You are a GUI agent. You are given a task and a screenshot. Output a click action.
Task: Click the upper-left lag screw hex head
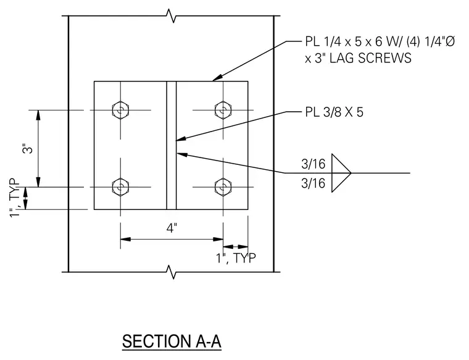click(x=120, y=110)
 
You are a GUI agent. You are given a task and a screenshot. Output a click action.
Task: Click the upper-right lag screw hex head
click(x=223, y=110)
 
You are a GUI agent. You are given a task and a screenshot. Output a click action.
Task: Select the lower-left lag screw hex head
click(x=120, y=187)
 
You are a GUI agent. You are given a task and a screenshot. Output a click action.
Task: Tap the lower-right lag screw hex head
click(x=223, y=187)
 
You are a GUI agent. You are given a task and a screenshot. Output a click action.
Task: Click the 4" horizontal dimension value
click(x=172, y=228)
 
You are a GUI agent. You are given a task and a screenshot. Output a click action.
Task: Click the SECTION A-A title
click(x=172, y=341)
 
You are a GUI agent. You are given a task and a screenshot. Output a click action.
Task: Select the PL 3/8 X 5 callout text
click(x=334, y=112)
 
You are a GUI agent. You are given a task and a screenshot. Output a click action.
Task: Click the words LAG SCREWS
click(x=370, y=58)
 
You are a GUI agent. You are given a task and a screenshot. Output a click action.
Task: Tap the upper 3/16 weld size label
click(x=313, y=164)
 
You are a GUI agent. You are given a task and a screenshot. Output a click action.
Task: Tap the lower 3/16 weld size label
click(x=313, y=183)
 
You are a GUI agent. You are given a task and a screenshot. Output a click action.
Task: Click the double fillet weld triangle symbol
click(x=341, y=173)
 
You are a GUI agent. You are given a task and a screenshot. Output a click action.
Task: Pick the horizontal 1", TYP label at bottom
click(x=236, y=258)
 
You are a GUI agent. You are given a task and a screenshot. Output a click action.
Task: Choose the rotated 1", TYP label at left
click(x=15, y=198)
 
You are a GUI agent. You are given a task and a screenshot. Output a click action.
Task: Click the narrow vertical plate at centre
click(x=172, y=145)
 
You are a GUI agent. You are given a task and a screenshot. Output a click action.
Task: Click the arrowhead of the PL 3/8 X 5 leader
click(x=181, y=138)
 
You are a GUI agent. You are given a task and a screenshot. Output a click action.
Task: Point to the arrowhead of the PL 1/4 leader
click(x=217, y=78)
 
